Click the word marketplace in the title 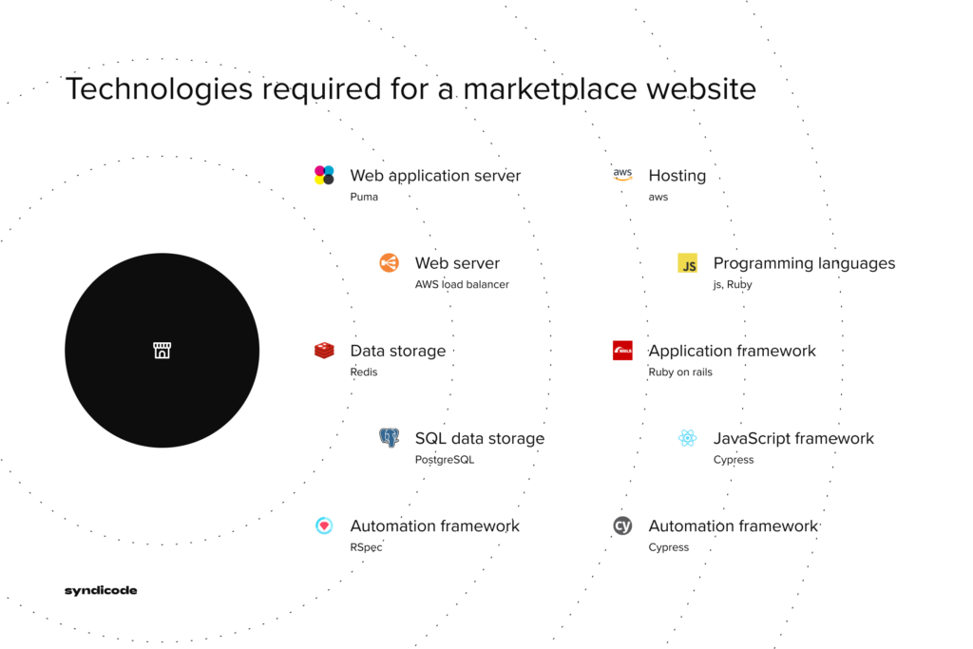click(550, 89)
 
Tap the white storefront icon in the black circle click(162, 350)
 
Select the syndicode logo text click(101, 590)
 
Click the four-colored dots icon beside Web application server click(324, 175)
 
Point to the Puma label click(364, 197)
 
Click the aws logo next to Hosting click(622, 174)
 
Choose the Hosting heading click(677, 176)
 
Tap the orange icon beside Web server click(389, 263)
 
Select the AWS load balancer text click(462, 284)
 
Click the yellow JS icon click(688, 263)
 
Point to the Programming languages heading click(804, 264)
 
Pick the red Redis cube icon click(324, 351)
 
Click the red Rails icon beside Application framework click(622, 351)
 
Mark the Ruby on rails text click(680, 372)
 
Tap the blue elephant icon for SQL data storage click(389, 438)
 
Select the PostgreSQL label click(445, 460)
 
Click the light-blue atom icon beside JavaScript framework click(688, 438)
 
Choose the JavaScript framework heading click(793, 439)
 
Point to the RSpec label click(366, 547)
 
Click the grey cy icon click(622, 525)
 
